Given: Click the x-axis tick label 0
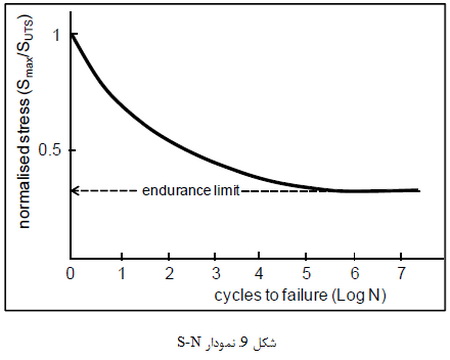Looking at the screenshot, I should (x=71, y=272).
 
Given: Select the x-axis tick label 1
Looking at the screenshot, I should (x=120, y=272).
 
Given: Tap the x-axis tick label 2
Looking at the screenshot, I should (x=169, y=272).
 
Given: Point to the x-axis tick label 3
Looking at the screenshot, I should (x=217, y=272).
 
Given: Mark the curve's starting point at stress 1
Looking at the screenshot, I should (x=71, y=35).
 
